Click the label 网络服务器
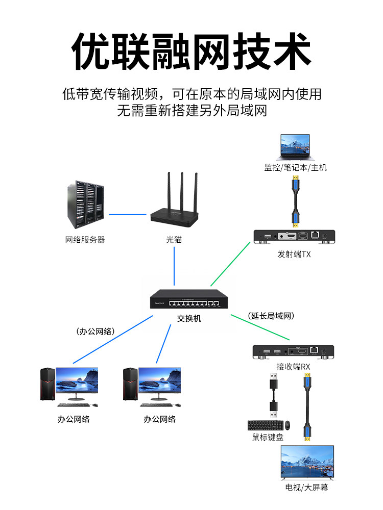85,240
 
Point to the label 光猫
174,240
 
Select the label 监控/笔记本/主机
295,168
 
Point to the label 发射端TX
294,254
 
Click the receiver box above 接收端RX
293,352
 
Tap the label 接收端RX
293,366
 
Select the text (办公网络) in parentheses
95,331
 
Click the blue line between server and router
128,215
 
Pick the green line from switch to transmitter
230,264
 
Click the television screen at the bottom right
307,462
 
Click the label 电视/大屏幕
306,488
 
